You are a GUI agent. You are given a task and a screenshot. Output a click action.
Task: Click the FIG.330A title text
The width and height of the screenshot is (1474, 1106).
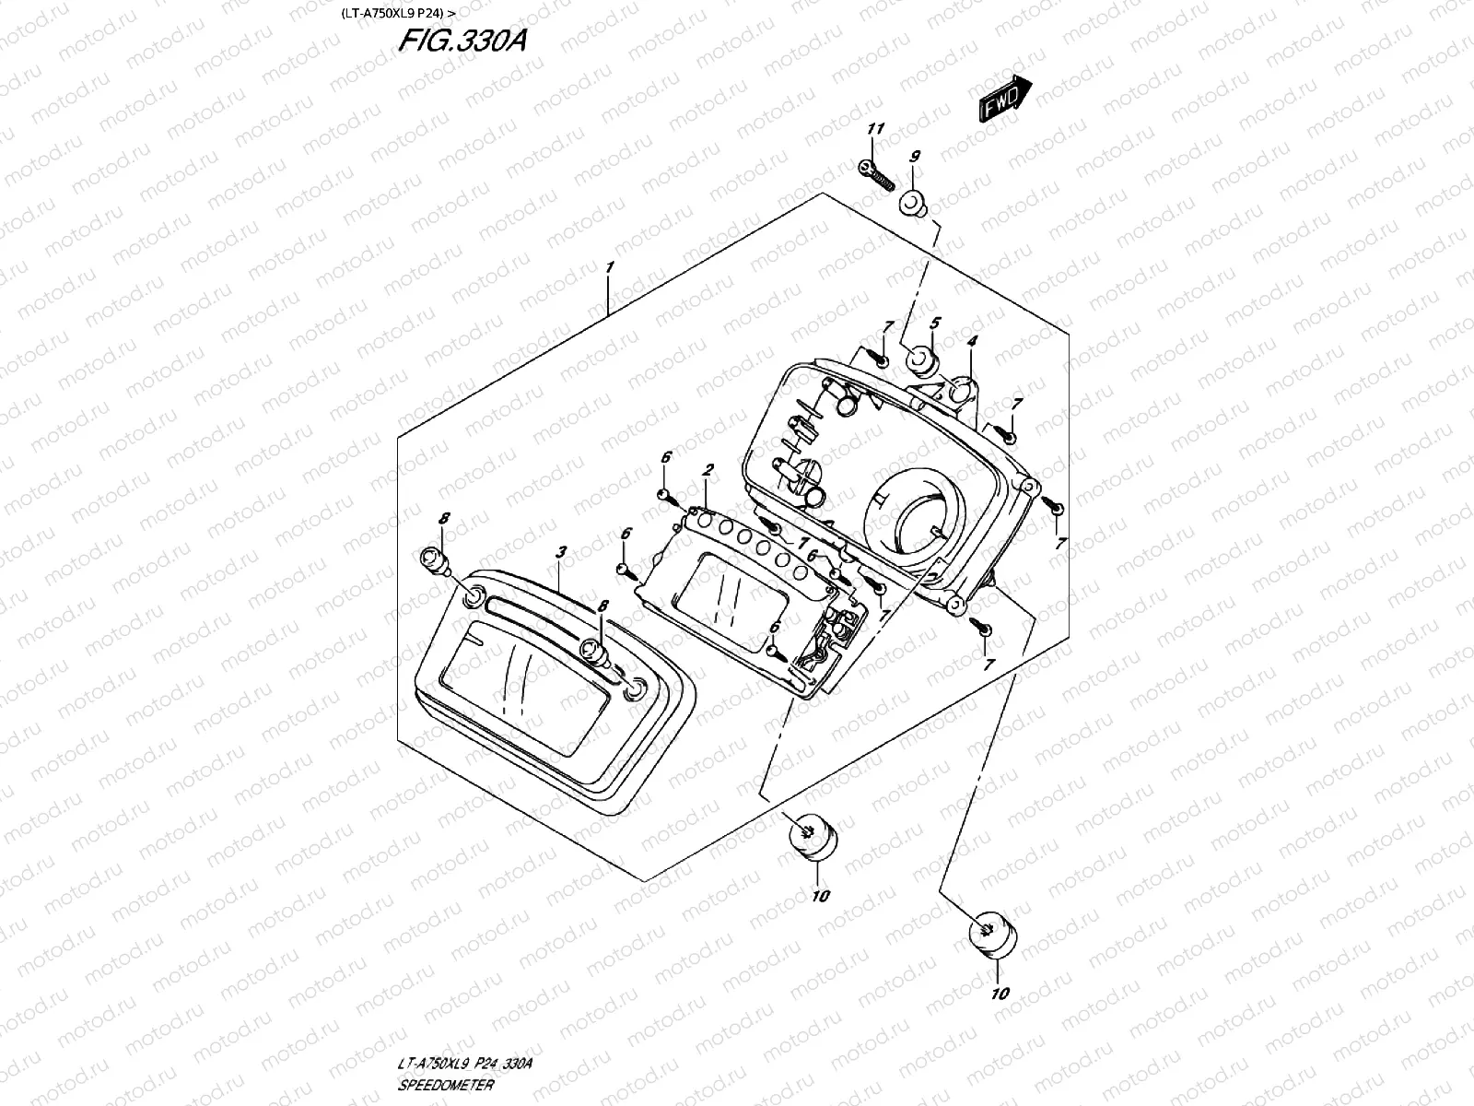click(x=462, y=41)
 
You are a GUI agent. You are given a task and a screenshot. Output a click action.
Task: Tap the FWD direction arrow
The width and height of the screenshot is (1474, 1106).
click(x=1005, y=98)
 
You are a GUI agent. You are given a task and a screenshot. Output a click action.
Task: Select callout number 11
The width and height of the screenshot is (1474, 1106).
click(x=875, y=128)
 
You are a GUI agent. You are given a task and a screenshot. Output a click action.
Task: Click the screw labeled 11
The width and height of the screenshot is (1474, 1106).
click(x=876, y=174)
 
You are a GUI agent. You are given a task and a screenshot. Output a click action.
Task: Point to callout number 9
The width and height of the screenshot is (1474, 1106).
click(x=915, y=157)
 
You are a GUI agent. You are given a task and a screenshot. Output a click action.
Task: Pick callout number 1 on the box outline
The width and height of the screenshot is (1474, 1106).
click(x=609, y=267)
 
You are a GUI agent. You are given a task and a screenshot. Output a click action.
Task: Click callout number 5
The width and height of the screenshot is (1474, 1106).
click(x=935, y=323)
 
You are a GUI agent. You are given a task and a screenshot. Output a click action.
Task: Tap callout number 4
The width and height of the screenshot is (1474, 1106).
click(x=972, y=341)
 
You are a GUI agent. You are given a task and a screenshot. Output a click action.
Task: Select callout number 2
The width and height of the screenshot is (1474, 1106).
click(x=708, y=469)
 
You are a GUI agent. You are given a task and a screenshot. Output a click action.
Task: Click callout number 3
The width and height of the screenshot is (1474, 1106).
click(x=561, y=552)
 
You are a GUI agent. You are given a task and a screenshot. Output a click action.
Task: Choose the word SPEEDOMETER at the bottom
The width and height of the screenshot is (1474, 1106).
click(x=446, y=1085)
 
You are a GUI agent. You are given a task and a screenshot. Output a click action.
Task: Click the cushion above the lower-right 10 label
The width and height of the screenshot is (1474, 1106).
click(x=993, y=935)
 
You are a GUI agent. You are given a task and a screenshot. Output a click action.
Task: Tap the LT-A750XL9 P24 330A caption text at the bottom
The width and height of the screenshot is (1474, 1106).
click(x=464, y=1064)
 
